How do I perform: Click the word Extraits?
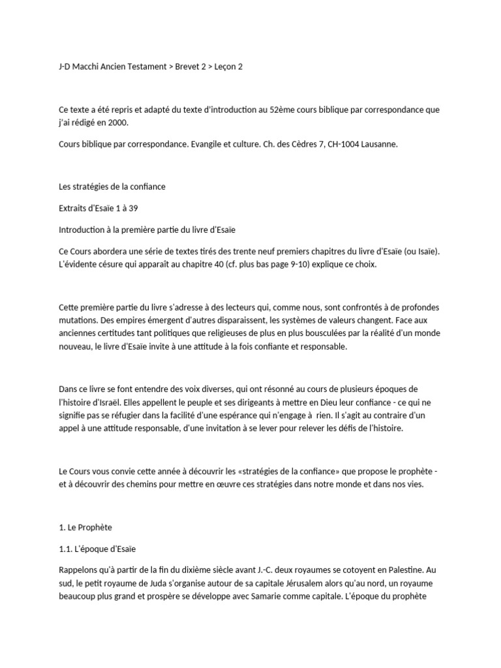tap(74, 207)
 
